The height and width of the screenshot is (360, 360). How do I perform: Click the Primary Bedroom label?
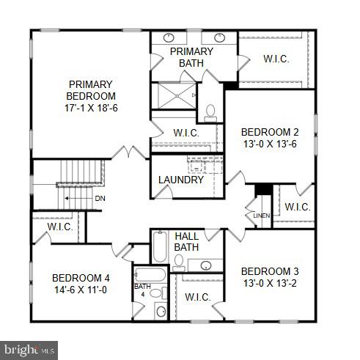(92, 90)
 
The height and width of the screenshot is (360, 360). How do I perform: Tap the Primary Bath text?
(192, 57)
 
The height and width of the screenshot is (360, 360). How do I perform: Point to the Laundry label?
(181, 180)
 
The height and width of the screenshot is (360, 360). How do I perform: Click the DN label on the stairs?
(99, 198)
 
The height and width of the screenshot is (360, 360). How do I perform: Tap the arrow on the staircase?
(73, 198)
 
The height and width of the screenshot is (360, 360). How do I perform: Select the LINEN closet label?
(262, 216)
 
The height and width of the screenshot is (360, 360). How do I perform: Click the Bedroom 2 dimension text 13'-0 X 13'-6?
(270, 144)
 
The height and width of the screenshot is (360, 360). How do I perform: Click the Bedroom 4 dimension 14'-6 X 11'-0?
(81, 290)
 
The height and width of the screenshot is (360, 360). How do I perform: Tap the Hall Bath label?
(186, 241)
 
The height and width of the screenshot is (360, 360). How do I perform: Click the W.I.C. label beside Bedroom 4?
(58, 227)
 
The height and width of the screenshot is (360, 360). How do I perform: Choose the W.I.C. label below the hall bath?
(197, 297)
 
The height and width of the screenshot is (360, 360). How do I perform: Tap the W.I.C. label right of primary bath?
(276, 58)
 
